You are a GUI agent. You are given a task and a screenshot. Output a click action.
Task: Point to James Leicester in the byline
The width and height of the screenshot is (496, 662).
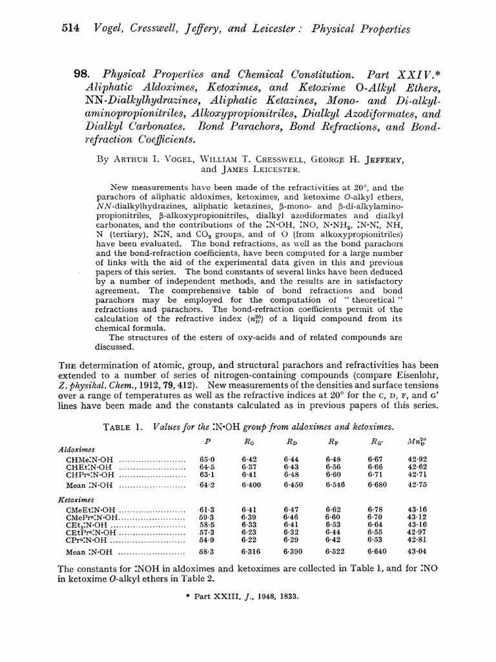click(x=249, y=170)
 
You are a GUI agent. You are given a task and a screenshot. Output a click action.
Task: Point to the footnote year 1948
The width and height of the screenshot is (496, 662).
click(x=269, y=595)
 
